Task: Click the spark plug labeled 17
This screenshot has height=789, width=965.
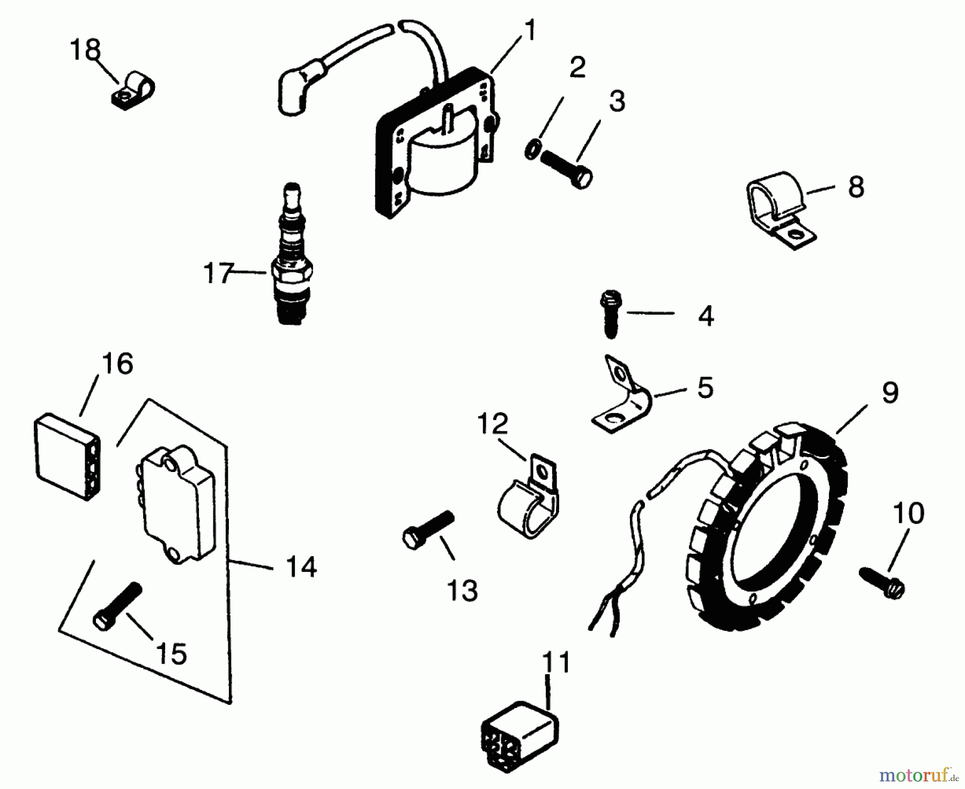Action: pos(293,257)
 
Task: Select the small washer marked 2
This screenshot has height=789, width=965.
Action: pos(532,150)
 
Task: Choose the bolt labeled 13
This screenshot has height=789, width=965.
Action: pos(428,528)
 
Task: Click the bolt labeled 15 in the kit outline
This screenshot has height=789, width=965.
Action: pos(118,606)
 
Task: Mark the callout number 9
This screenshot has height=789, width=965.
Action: pos(890,393)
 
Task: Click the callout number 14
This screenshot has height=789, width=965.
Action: pos(301,567)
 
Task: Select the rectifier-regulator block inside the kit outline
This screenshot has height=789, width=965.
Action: pos(174,504)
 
